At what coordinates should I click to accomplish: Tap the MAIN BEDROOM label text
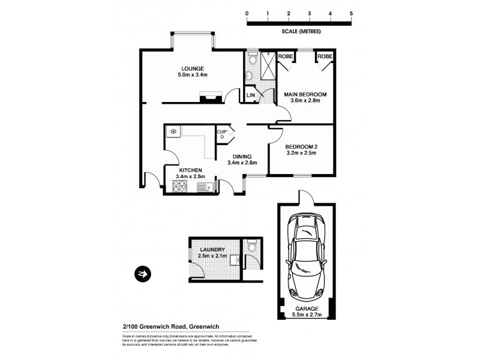click(x=305, y=94)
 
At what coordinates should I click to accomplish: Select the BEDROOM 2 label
click(x=301, y=147)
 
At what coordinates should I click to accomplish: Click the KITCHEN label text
click(x=190, y=170)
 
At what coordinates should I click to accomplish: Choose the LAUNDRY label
click(x=213, y=250)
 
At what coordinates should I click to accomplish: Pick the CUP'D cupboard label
click(x=221, y=134)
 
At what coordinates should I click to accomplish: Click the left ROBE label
click(x=286, y=56)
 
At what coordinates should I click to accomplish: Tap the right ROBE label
click(x=325, y=56)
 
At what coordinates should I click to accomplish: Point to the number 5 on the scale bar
click(x=351, y=13)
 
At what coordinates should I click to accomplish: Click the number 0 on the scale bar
click(x=247, y=13)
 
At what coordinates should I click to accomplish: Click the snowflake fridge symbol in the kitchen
click(x=173, y=131)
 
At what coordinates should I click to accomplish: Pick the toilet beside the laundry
click(x=252, y=247)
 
